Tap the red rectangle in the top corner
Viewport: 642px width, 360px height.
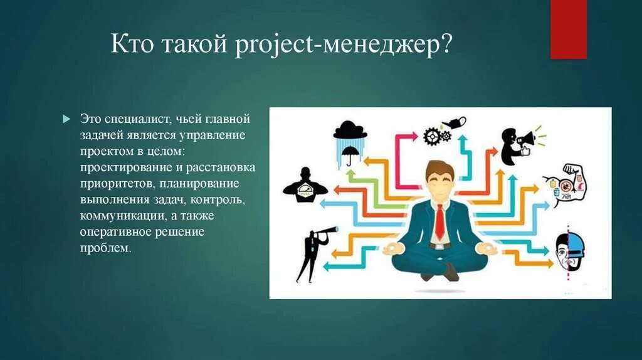(x=568, y=29)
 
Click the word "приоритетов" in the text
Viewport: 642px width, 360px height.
(x=116, y=184)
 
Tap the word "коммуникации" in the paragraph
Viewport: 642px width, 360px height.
(x=119, y=216)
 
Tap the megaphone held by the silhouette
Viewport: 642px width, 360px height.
(x=525, y=137)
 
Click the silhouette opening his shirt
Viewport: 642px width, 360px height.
(x=305, y=186)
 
